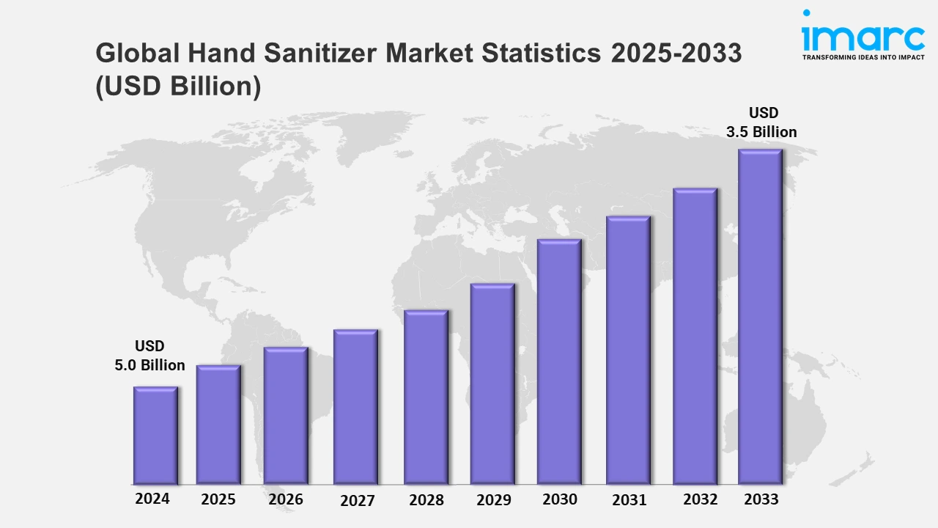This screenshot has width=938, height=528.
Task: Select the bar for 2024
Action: (155, 436)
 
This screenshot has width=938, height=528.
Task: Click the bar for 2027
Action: (355, 407)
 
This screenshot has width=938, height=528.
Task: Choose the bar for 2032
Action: (695, 337)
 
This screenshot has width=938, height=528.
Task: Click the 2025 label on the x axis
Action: (218, 499)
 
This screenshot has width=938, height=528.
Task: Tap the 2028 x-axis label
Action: (426, 500)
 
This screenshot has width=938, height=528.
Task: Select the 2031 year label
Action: (629, 500)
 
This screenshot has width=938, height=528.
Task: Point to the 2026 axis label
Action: (286, 499)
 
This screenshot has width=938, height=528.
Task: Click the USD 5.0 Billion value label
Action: (149, 356)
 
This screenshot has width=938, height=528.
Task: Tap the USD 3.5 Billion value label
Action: (761, 122)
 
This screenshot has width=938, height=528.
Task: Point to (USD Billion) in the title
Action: (178, 86)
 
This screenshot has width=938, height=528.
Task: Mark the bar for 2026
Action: (286, 416)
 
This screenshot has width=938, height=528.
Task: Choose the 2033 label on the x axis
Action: (761, 499)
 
